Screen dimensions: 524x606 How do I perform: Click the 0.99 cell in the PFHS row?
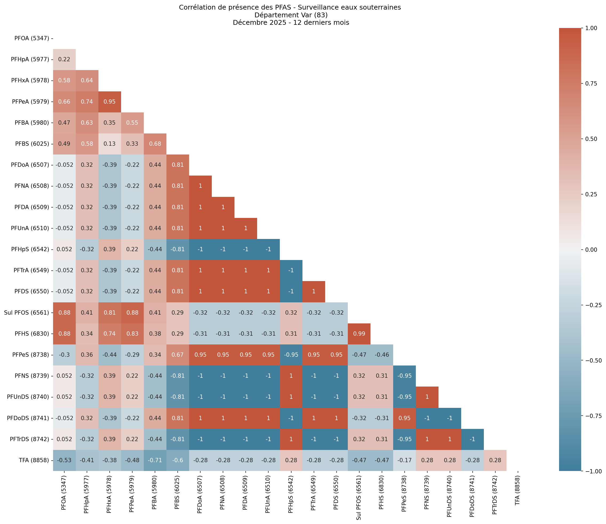tap(359, 334)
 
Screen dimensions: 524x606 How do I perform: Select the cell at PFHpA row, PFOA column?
tap(64, 59)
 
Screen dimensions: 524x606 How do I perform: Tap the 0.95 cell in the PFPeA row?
tap(109, 102)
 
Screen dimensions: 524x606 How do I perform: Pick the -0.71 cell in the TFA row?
tap(155, 460)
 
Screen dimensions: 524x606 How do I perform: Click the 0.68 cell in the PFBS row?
tap(155, 144)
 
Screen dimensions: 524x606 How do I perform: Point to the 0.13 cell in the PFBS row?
tap(109, 144)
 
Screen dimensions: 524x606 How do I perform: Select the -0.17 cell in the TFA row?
tap(404, 460)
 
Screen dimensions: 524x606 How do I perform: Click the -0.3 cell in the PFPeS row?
tap(64, 355)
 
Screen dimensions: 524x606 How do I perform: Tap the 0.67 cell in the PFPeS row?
tap(178, 355)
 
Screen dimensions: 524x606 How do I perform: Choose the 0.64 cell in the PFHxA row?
tap(87, 80)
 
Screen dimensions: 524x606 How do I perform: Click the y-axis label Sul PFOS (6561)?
tap(26, 312)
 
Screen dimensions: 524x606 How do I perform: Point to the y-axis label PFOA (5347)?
tap(32, 38)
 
